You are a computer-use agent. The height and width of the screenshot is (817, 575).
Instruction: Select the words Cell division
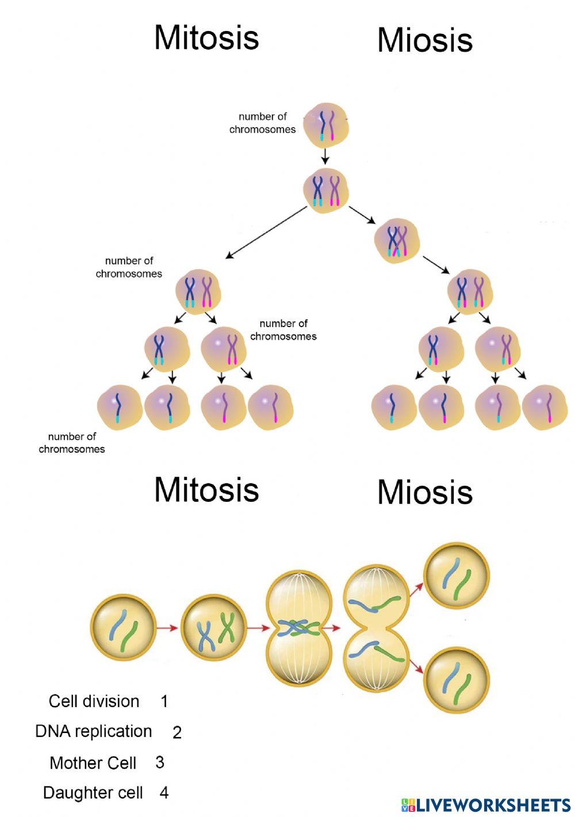point(94,701)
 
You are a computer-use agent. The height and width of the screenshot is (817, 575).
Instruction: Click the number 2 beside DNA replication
point(177,732)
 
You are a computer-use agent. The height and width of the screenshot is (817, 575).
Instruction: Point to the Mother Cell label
point(93,762)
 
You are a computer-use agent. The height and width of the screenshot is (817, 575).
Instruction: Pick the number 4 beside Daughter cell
point(164,793)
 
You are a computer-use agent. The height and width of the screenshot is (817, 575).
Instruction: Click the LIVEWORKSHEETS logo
point(486,804)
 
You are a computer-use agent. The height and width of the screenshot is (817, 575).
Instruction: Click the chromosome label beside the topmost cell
point(262,123)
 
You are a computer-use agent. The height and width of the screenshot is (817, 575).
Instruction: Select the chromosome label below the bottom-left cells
point(72,443)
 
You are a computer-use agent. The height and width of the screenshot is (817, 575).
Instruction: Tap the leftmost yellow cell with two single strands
point(123,628)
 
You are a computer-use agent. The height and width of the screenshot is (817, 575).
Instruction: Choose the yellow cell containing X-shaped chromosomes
point(213,628)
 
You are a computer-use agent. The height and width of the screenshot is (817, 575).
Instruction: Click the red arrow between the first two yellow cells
point(167,628)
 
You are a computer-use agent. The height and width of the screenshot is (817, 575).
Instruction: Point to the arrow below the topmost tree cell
point(325,156)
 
